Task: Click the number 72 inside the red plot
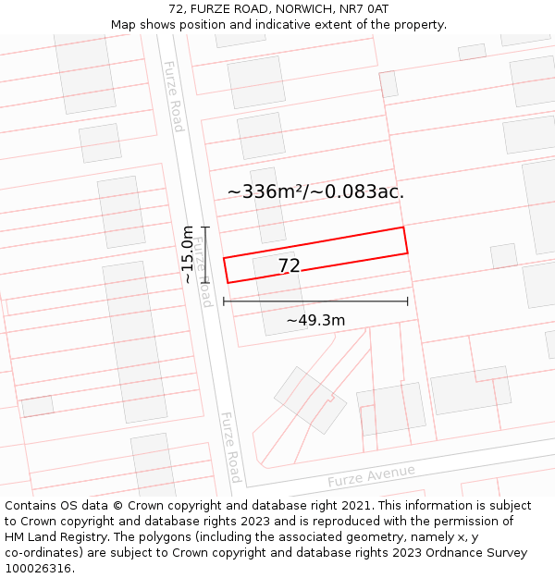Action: pos(289,266)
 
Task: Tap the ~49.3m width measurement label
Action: pos(315,321)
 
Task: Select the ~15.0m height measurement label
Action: pos(188,254)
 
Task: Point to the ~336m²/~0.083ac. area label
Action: pos(315,192)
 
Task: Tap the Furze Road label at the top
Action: pos(174,96)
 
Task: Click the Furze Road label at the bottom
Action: pos(231,448)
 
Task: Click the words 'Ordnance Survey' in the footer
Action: pos(478,553)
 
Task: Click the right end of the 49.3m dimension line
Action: pos(408,301)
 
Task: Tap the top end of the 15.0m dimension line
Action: pos(205,227)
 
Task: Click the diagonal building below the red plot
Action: pos(310,400)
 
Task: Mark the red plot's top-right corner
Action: pos(403,228)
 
